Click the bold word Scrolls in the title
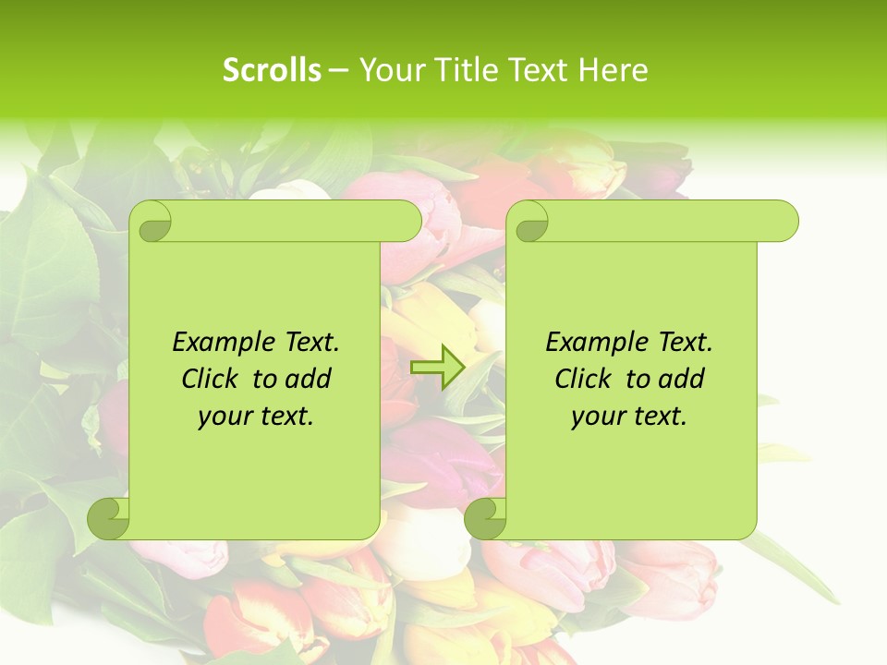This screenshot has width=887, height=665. pos(273,70)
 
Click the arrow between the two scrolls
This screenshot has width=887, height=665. pos(437,368)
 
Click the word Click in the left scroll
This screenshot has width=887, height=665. pos(213,379)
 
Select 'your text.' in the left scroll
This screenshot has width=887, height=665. pos(256,417)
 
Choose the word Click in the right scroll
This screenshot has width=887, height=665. pos(586,379)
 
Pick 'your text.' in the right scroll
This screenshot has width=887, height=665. pos(629,417)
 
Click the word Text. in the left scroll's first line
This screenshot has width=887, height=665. pos(307,343)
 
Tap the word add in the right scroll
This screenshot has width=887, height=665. pos(679,379)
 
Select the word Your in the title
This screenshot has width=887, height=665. pos(385,70)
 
